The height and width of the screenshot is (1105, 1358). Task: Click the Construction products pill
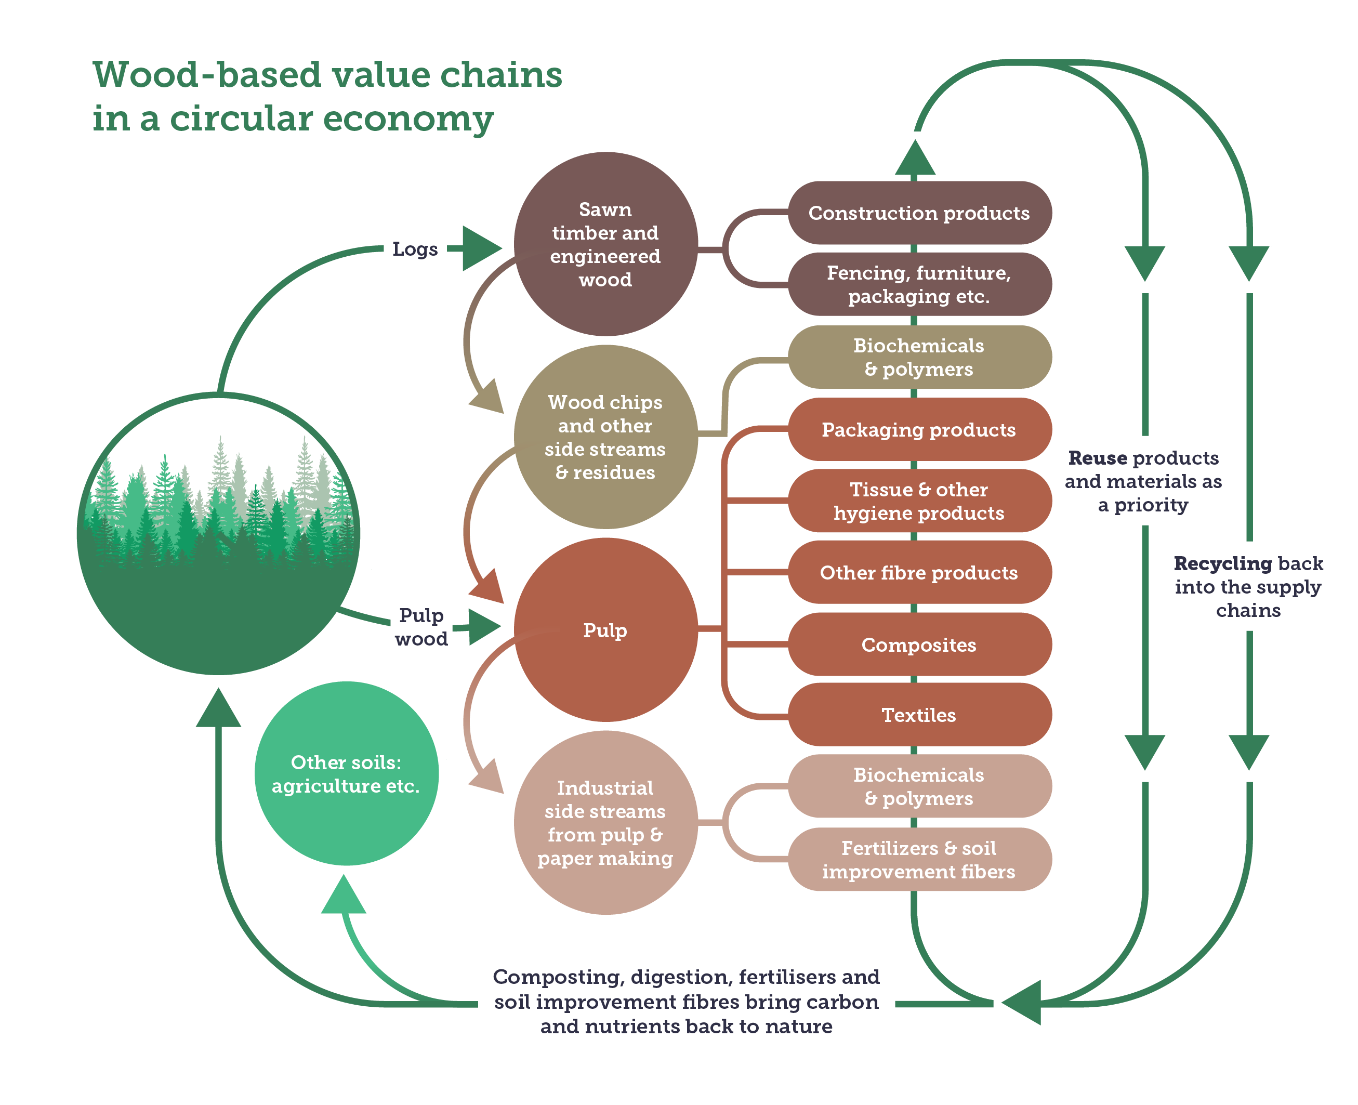[x=918, y=213]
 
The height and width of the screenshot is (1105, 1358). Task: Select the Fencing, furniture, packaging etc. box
[x=918, y=284]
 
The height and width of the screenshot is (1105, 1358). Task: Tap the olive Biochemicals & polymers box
[x=918, y=357]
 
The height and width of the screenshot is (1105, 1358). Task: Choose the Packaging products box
[x=918, y=430]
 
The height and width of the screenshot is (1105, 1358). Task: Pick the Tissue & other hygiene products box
[x=918, y=501]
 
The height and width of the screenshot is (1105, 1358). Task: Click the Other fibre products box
[x=918, y=572]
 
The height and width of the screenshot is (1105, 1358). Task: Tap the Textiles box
[x=918, y=715]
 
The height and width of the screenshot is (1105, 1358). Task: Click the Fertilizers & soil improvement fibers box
[x=918, y=859]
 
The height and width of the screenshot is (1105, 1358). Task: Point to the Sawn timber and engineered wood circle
[x=605, y=244]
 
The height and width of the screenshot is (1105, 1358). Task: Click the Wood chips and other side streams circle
[x=605, y=437]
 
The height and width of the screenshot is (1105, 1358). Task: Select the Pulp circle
[x=605, y=630]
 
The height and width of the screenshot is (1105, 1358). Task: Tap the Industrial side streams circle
[x=605, y=823]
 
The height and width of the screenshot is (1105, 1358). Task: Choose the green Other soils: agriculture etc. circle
[x=346, y=773]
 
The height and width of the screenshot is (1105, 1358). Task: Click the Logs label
[x=415, y=249]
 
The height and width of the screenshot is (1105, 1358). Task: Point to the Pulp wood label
[x=420, y=627]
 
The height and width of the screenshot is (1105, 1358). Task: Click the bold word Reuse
[x=1097, y=458]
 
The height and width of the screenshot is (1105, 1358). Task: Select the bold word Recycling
[x=1222, y=563]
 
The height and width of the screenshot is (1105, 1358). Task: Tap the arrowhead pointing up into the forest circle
[x=218, y=708]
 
